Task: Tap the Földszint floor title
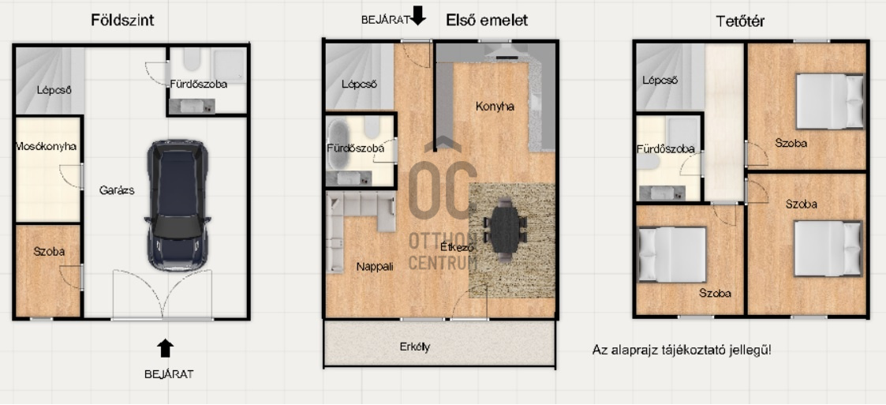[x=122, y=21]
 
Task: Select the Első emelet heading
[x=487, y=21]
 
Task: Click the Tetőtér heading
[x=740, y=21]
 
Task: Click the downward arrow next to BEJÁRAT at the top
[x=418, y=15]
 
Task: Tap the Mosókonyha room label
[x=47, y=147]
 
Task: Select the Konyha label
[x=495, y=107]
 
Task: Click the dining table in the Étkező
[x=505, y=230]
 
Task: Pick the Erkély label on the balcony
[x=415, y=346]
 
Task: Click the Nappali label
[x=376, y=266]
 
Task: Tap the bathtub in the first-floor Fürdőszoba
[x=339, y=144]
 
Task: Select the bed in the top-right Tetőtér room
[x=830, y=102]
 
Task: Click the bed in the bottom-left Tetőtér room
[x=672, y=254]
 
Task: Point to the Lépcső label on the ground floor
[x=54, y=90]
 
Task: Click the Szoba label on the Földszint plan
[x=49, y=253]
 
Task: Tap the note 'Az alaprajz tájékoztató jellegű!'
[x=682, y=350]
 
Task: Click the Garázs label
[x=117, y=190]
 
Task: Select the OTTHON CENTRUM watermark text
[x=443, y=250]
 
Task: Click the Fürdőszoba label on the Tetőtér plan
[x=666, y=149]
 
